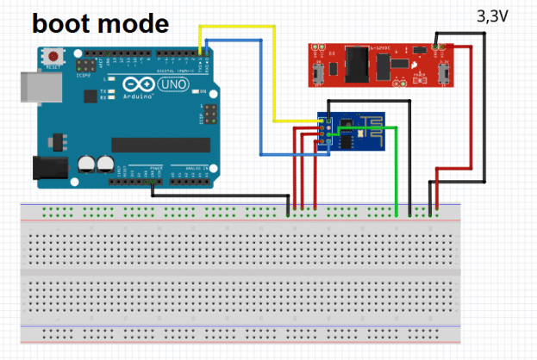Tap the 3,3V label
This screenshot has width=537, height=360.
[x=492, y=16]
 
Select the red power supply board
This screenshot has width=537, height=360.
[x=379, y=64]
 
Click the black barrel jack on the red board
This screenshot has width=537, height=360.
[x=354, y=62]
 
